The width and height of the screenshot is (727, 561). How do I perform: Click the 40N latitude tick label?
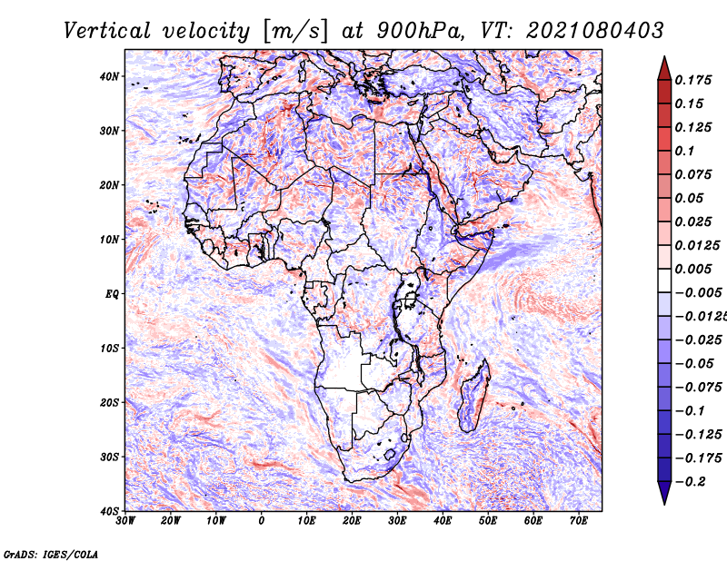[109, 76]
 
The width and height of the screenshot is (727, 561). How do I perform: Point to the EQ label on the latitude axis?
[111, 293]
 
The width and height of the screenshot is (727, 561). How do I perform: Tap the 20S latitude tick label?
[109, 402]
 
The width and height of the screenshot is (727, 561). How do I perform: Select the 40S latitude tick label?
[109, 510]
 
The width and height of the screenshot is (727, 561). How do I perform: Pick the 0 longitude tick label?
[262, 521]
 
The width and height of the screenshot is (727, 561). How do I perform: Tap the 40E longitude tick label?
[443, 521]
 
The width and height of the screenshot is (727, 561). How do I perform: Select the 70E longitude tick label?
[579, 521]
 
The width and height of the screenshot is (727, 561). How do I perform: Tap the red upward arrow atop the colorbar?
[664, 67]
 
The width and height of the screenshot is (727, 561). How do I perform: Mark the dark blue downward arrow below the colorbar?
[664, 492]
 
